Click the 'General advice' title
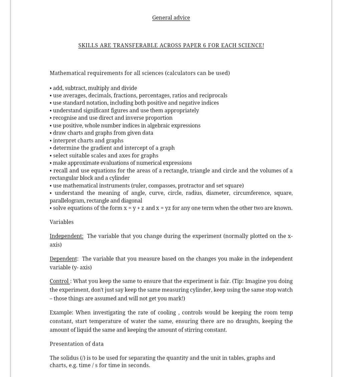171,18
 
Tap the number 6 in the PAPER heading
204,45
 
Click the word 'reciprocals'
212,96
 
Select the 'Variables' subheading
62,222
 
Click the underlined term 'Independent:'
66,236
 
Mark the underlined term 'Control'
59,281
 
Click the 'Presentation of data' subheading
77,344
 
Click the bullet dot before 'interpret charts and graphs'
50,141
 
